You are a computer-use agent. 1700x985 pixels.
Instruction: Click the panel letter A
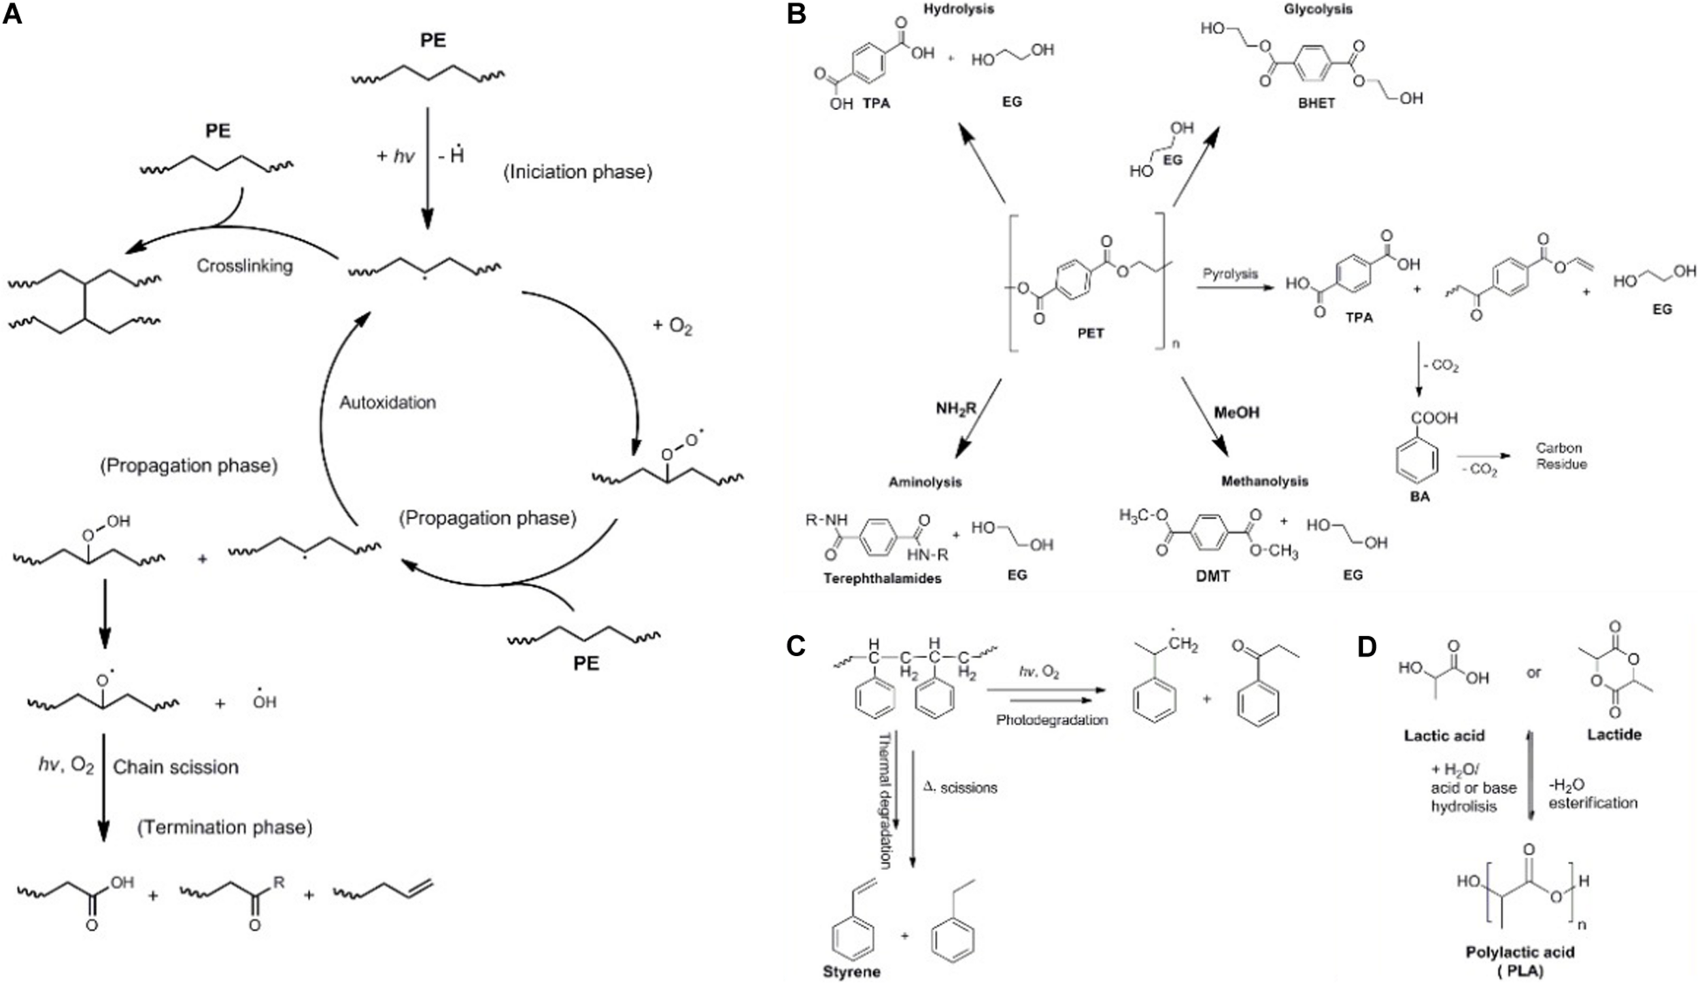coord(14,15)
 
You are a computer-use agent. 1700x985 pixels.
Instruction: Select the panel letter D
coord(1367,647)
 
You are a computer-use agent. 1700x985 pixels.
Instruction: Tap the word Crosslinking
coord(245,265)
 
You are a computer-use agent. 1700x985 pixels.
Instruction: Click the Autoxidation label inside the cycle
coord(388,402)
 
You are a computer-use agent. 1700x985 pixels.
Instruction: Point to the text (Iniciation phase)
coord(577,172)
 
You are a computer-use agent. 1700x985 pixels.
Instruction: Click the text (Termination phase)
coord(225,827)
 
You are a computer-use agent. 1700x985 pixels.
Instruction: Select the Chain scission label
coord(175,767)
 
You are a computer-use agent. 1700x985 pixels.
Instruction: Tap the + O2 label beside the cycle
coord(672,326)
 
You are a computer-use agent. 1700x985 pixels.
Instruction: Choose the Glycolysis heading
coord(1318,10)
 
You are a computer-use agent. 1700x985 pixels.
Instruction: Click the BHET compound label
coord(1316,103)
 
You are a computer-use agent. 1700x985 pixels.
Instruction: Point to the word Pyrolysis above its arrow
coord(1230,274)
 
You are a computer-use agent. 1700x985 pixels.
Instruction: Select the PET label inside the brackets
coord(1090,333)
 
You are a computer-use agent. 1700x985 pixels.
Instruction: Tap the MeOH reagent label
coord(1236,413)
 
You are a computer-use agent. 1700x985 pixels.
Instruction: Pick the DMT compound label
coord(1212,576)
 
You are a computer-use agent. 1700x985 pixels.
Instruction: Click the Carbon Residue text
coord(1561,456)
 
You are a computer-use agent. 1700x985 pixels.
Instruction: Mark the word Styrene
coord(851,972)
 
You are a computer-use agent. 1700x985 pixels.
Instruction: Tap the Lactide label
coord(1614,735)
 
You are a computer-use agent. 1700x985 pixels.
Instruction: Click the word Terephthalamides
coord(882,578)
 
